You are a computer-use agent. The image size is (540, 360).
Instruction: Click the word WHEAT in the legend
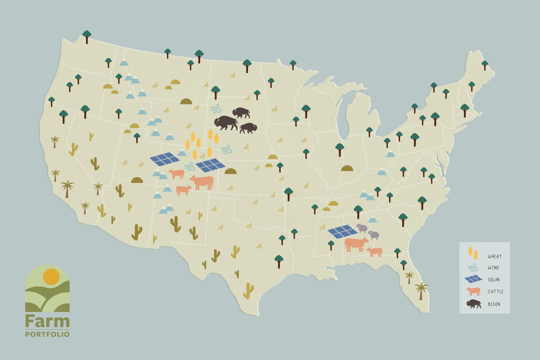[495, 256]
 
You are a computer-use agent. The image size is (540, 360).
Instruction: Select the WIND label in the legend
[494, 268]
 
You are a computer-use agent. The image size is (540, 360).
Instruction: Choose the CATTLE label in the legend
[495, 292]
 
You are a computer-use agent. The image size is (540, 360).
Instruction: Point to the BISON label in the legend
[494, 304]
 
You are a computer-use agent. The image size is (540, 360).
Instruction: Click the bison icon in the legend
[473, 304]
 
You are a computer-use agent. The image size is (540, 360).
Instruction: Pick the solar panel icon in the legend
[473, 279]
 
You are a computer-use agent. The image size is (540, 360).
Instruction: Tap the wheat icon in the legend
[472, 253]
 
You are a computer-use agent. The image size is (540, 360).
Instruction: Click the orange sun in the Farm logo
[51, 276]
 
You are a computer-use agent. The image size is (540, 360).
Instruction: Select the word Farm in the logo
[47, 321]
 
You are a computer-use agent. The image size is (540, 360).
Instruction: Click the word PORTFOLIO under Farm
[47, 334]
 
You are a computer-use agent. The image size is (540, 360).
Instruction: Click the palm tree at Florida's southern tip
[422, 290]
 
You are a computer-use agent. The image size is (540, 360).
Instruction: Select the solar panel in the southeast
[343, 231]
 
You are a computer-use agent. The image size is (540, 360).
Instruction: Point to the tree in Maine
[485, 65]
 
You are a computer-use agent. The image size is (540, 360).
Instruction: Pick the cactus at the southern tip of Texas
[248, 291]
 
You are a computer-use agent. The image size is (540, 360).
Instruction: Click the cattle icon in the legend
[473, 291]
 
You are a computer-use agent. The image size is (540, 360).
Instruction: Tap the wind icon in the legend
[472, 268]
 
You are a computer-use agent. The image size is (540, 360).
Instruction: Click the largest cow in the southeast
[356, 244]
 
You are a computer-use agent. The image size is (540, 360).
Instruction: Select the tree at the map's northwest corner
[87, 36]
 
